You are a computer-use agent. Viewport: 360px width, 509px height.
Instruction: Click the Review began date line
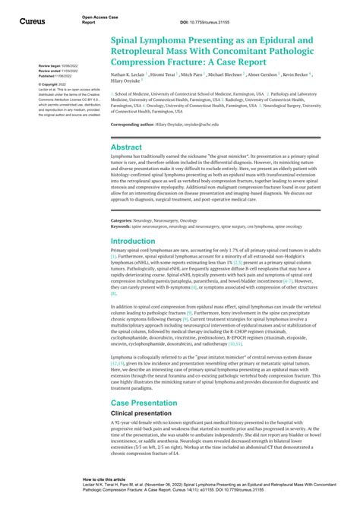click(x=55, y=66)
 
